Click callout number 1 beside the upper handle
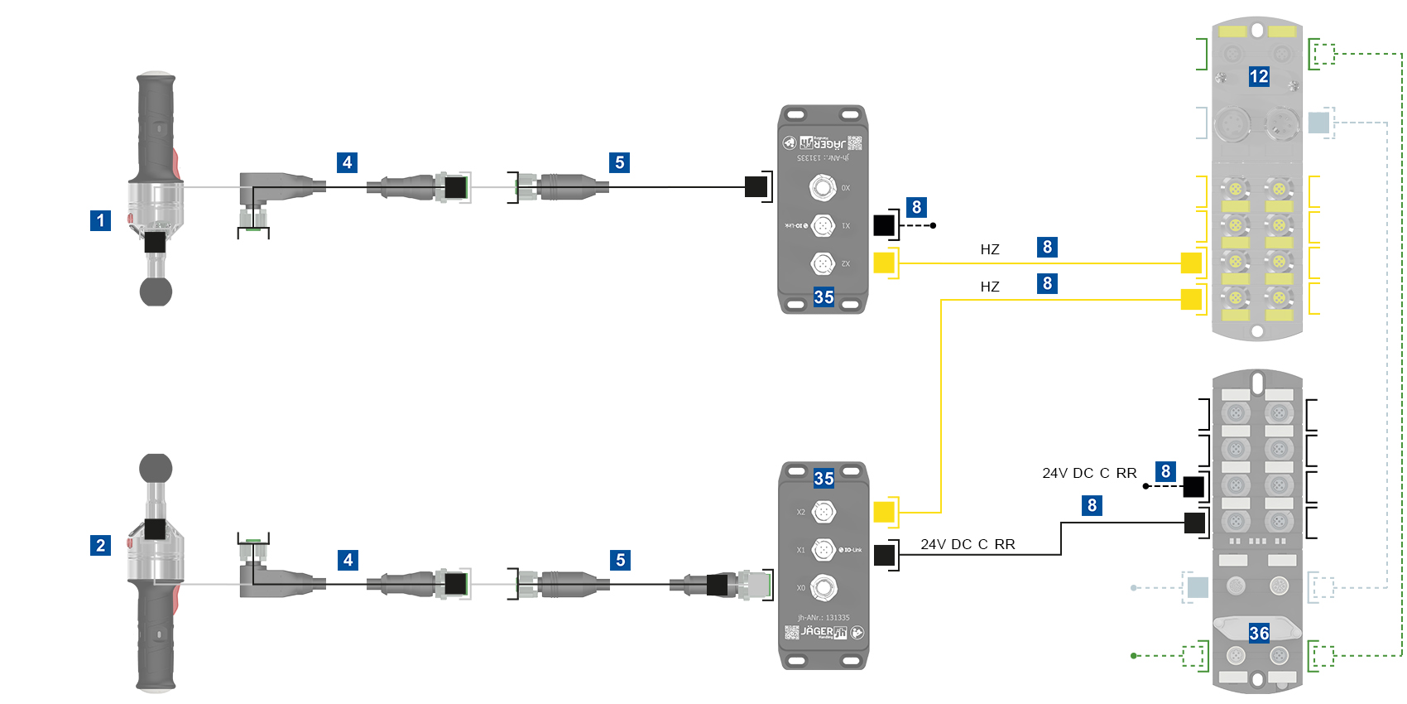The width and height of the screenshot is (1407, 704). [100, 220]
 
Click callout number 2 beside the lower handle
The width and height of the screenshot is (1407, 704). [100, 545]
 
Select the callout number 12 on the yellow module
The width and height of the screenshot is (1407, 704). [1259, 76]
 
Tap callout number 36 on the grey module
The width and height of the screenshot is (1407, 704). [1259, 633]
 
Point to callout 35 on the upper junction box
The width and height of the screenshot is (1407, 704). [824, 297]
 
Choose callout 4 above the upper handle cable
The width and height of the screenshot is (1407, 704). [348, 162]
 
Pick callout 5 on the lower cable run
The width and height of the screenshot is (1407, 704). [620, 560]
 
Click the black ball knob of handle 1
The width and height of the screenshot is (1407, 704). [156, 292]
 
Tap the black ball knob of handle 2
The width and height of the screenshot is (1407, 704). [156, 468]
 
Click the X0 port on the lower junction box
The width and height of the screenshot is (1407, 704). [824, 587]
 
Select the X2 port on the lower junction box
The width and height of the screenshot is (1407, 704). [824, 512]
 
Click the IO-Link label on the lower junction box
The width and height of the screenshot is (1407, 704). [851, 550]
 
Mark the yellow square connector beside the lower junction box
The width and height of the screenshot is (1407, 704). [884, 512]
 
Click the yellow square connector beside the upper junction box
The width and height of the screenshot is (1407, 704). [884, 263]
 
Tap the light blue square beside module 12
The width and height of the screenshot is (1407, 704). [1318, 123]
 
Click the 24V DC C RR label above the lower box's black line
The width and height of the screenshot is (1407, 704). [968, 544]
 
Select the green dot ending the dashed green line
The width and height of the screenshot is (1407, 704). [1133, 656]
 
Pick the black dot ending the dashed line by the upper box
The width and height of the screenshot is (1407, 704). [933, 225]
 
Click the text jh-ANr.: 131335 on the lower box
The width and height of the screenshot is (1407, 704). [824, 617]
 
